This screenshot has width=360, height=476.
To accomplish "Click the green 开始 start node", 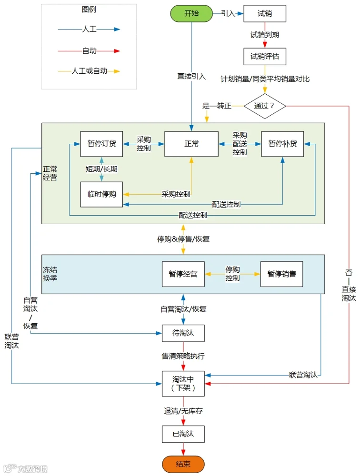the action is tap(191, 13).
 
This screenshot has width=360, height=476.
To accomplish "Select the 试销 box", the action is tap(265, 13).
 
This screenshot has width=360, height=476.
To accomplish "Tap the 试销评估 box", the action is tap(265, 56).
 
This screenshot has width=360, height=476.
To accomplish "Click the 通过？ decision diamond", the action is tap(265, 106).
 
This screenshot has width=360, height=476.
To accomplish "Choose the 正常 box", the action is tap(191, 144).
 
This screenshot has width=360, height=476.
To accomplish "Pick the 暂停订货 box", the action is tap(101, 144).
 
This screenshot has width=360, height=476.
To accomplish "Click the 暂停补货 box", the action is tap(282, 144).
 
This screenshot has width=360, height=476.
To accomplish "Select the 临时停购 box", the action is tap(101, 194).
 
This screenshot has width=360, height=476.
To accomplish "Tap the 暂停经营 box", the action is tap(183, 274).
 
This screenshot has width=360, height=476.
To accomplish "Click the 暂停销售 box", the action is tap(281, 274).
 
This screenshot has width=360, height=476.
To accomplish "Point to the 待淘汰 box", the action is tap(183, 333).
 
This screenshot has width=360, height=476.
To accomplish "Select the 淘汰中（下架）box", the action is tap(183, 383).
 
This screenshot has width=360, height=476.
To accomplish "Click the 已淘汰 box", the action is tap(183, 434).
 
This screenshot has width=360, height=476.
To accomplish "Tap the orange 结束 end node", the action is tap(183, 464).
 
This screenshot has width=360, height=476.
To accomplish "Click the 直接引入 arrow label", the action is tap(191, 76).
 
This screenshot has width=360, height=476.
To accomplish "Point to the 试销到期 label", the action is tap(265, 35).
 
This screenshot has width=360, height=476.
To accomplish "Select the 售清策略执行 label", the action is tap(183, 356).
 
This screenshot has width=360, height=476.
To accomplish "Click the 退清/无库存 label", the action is tap(183, 411).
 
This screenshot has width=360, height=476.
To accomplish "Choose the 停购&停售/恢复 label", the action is tap(183, 239).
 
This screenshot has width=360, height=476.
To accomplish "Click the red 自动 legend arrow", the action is tap(89, 51).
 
